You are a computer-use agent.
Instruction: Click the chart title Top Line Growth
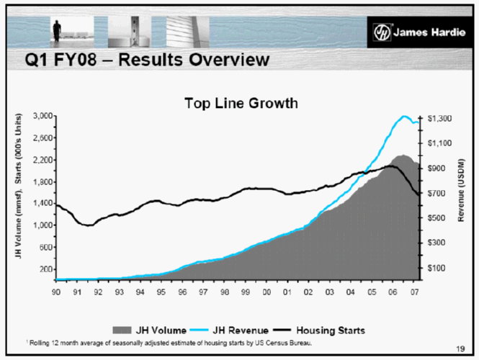point(239,103)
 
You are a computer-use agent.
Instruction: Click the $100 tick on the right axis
point(437,268)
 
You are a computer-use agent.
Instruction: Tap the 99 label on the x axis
point(246,292)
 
